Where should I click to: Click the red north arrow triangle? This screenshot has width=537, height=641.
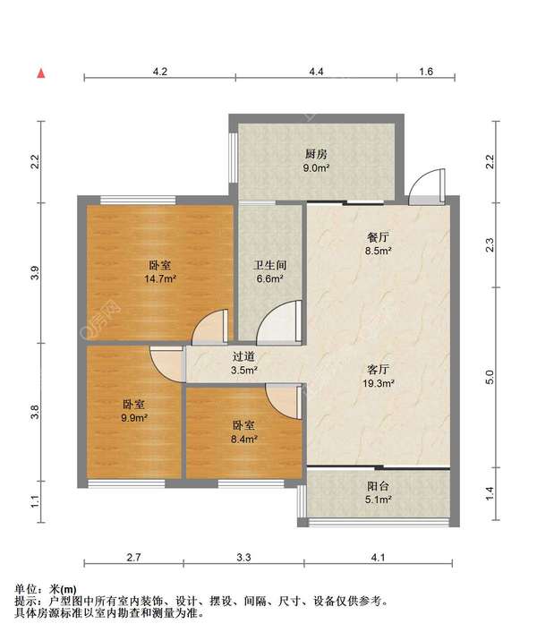coord(41,73)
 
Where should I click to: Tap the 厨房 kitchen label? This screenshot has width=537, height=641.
coord(316,154)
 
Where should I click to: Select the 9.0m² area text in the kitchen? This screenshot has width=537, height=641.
coord(316,168)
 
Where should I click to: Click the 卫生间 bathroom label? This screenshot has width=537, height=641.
coord(269,265)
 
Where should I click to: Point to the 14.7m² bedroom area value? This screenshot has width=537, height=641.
coord(160,279)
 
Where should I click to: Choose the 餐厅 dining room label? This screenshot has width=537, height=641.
coord(378,237)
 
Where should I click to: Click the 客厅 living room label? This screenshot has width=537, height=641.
coord(378,370)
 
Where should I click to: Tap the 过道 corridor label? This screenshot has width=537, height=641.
coord(243,356)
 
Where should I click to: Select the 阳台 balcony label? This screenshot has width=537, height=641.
coord(378,486)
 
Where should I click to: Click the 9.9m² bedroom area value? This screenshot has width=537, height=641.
coord(134,418)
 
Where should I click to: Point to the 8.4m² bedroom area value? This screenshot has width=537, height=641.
coord(243,440)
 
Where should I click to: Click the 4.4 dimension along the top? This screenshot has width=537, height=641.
coord(316,72)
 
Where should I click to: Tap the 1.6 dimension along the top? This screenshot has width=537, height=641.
coord(426,72)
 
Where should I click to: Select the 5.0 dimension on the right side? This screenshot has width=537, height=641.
coord(490,377)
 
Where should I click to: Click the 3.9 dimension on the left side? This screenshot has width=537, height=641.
coord(36,273)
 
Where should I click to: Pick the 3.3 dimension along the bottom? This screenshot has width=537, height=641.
coord(243,557)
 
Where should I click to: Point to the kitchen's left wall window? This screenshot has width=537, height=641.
coord(234,158)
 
